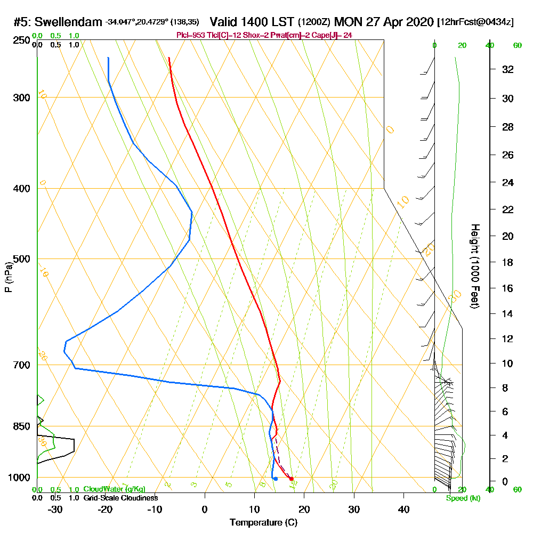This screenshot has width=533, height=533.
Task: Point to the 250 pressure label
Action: pos(21,41)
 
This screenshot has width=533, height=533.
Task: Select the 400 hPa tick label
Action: pos(21,189)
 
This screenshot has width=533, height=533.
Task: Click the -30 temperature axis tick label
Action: pos(55,510)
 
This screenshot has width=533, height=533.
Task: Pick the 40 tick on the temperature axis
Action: pos(403,510)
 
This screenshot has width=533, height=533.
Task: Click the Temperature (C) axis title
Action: pos(263,523)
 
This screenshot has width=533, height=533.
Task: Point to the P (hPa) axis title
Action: pos(8,277)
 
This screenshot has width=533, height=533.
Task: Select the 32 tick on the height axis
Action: pos(508,69)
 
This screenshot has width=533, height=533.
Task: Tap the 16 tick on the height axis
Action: pos(508,288)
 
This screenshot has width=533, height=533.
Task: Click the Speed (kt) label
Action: pos(461,498)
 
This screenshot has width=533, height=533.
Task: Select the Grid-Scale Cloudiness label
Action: pos(120,498)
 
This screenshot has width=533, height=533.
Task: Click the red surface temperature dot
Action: pos(291,479)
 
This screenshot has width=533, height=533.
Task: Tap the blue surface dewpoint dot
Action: pos(275,479)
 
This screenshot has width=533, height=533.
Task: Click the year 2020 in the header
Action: pos(417,22)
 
